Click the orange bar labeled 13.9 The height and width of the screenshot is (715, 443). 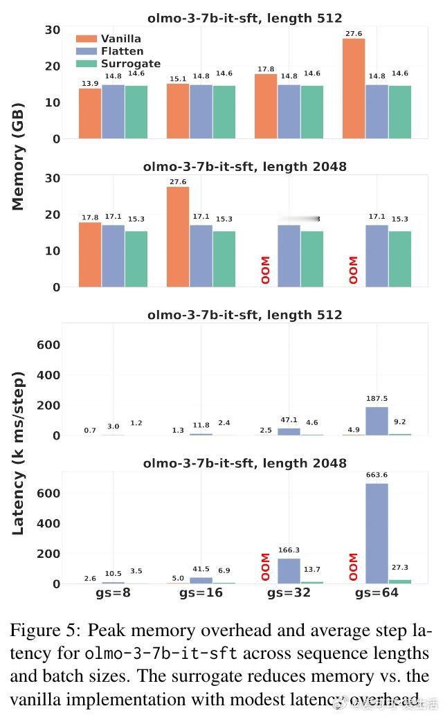click(90, 114)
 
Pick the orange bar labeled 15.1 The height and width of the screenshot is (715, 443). click(178, 111)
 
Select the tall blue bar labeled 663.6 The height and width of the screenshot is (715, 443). click(377, 533)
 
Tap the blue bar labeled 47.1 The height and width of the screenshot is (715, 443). click(289, 431)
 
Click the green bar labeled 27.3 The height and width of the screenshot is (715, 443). click(400, 581)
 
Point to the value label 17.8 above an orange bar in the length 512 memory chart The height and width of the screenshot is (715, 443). click(266, 69)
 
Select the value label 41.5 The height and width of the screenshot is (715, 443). click(201, 569)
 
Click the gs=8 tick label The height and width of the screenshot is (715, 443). click(113, 595)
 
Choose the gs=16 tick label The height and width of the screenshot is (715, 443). click(201, 595)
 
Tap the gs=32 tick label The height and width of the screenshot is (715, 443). click(289, 595)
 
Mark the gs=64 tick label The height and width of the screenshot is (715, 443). click(377, 595)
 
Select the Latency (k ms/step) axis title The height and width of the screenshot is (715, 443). click(18, 453)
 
